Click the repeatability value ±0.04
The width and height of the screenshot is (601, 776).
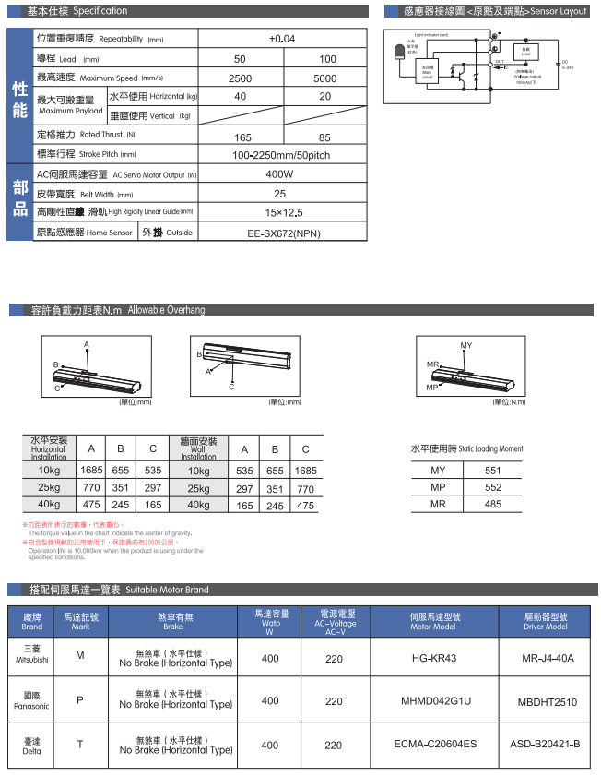281,40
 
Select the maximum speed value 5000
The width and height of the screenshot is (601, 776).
326,78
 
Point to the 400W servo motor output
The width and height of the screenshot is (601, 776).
279,174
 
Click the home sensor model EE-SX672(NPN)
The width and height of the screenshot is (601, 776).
279,233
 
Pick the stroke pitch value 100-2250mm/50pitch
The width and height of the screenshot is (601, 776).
280,155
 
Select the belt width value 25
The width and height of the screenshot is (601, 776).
279,194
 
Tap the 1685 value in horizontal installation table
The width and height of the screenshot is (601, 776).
91,471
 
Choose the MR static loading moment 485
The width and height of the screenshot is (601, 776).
492,504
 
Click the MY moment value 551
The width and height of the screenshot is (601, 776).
492,471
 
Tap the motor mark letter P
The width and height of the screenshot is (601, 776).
79,701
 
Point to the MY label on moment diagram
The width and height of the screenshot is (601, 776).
465,345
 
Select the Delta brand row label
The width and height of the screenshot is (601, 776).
31,746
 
